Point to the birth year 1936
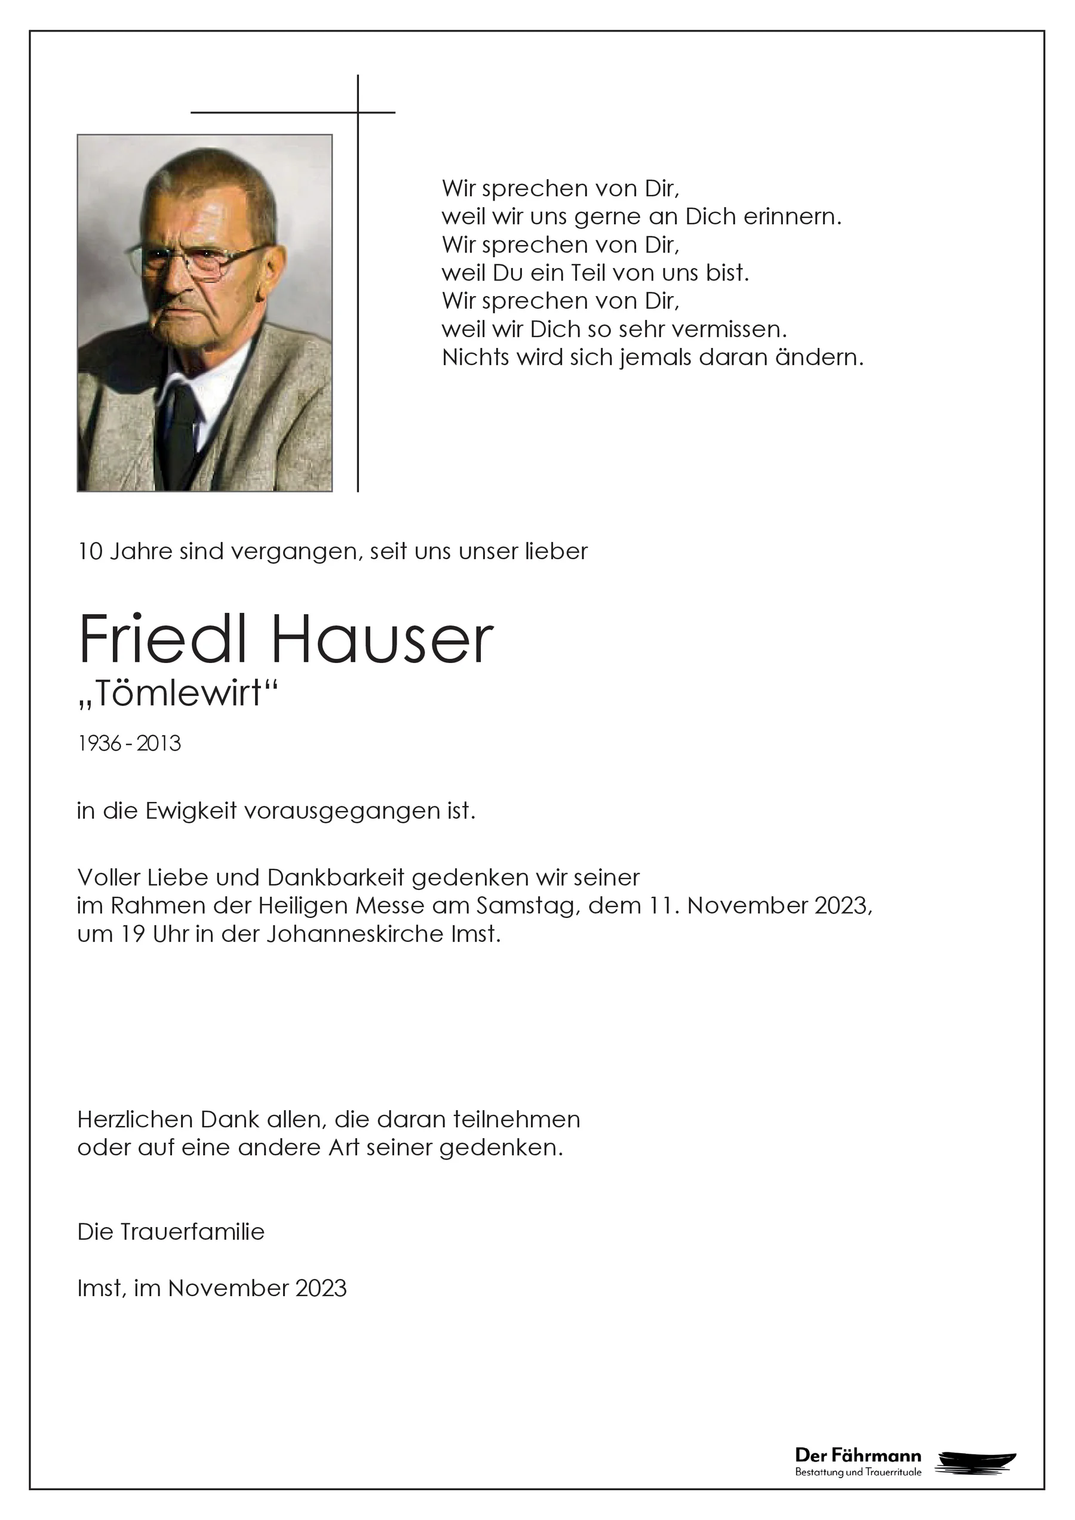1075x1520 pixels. [x=99, y=744]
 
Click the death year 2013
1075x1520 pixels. [x=159, y=744]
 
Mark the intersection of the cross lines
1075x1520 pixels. [x=358, y=113]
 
